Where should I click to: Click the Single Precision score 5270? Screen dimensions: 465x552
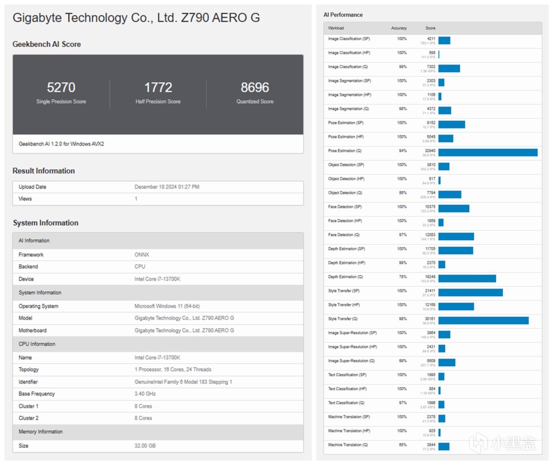[x=61, y=88]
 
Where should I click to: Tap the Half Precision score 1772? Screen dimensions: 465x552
[x=158, y=88]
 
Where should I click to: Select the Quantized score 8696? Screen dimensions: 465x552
[x=255, y=88]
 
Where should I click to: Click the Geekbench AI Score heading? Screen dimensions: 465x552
[x=47, y=44]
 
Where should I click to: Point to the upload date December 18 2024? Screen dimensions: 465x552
[x=167, y=187]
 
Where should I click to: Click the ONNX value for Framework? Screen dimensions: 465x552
[x=141, y=255]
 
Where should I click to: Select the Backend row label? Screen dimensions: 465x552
[x=28, y=267]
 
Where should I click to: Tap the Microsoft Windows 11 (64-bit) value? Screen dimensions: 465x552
[x=167, y=306]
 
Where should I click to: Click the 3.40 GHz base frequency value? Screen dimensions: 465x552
[x=145, y=394]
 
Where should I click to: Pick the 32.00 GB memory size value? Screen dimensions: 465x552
[x=145, y=446]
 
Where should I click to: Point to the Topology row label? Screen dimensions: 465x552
[x=28, y=370]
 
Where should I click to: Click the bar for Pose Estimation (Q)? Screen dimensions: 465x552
[x=488, y=153]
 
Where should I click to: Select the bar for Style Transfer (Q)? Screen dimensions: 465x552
[x=483, y=320]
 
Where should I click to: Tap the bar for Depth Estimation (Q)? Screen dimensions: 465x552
[x=467, y=279]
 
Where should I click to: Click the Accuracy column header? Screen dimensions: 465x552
[x=398, y=28]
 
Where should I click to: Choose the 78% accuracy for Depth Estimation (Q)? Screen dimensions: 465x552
[x=403, y=277]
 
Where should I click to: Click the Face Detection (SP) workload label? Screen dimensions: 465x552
[x=345, y=207]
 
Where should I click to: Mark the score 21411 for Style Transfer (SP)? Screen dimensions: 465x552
[x=430, y=291]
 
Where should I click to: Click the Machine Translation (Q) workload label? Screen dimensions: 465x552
[x=348, y=445]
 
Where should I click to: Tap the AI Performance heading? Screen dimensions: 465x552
[x=343, y=15]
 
